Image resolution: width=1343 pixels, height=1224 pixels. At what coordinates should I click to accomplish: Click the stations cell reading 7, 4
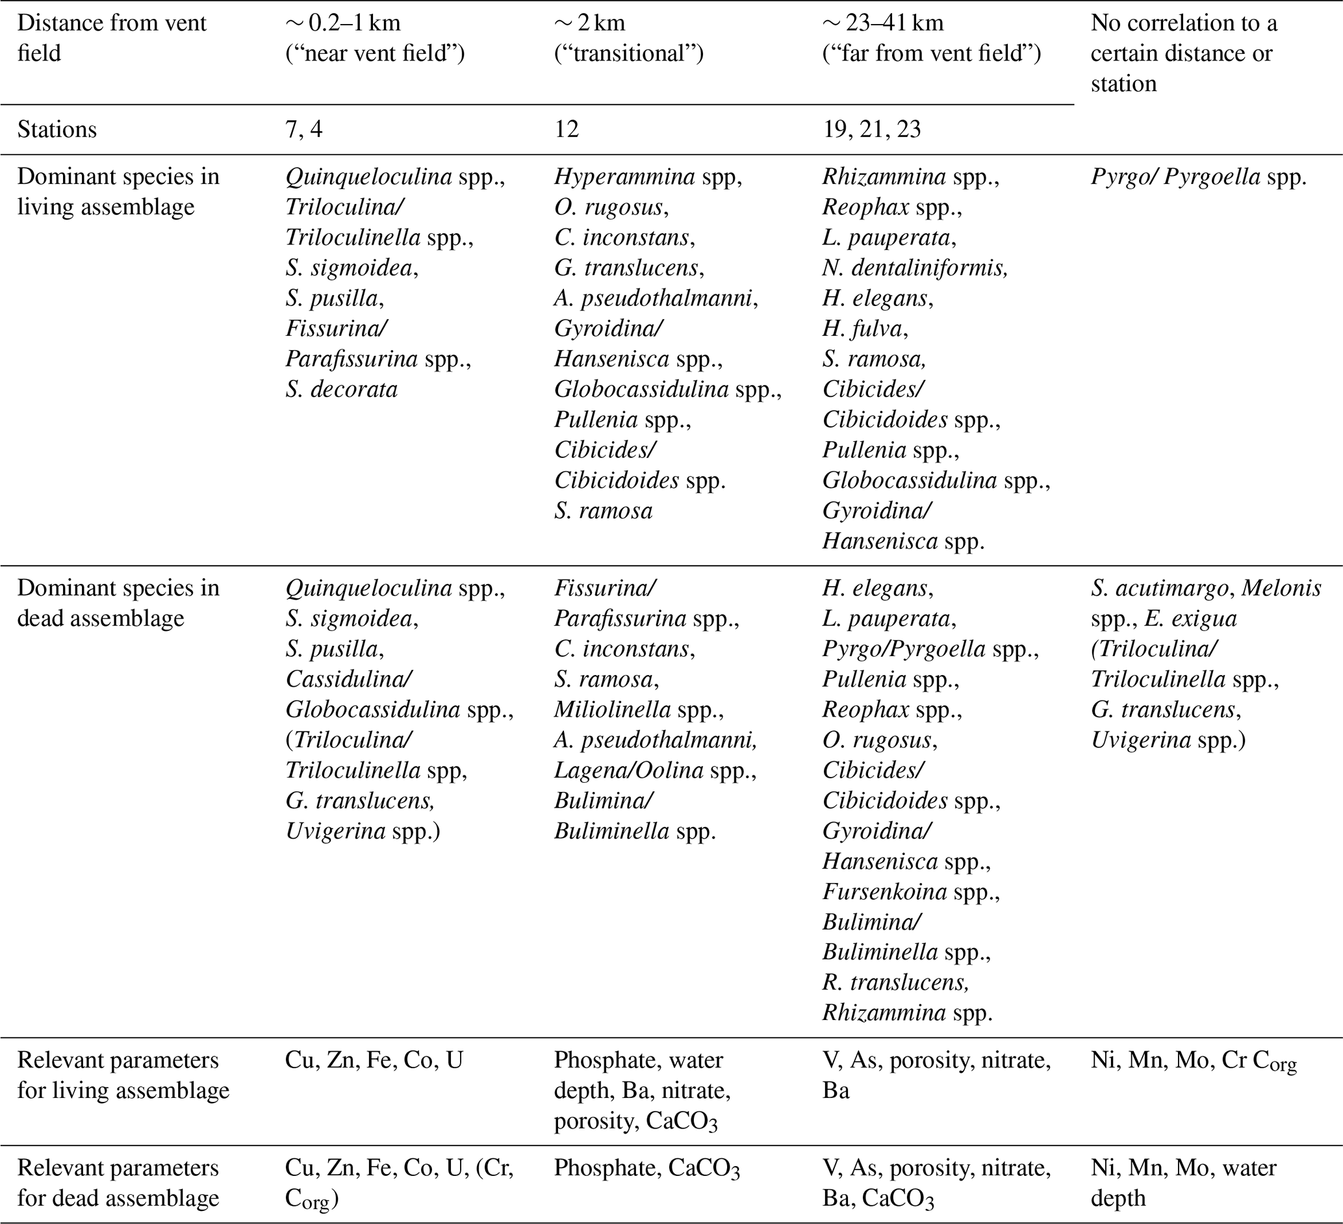tap(304, 129)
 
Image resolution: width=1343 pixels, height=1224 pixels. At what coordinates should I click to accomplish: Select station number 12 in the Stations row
tap(567, 129)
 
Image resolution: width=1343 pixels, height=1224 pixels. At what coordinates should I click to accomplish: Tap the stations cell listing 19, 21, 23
tap(871, 129)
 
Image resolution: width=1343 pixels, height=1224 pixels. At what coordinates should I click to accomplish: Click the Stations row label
tap(57, 129)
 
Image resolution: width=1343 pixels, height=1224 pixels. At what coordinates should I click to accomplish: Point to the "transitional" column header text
tap(629, 53)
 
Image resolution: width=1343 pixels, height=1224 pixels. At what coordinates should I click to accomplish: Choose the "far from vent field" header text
tap(931, 53)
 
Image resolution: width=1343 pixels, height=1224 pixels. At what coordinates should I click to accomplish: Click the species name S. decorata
tap(341, 389)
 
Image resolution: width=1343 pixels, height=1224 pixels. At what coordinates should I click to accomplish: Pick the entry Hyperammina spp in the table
tap(648, 177)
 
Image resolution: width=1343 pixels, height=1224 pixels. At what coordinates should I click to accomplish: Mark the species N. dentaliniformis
tap(915, 268)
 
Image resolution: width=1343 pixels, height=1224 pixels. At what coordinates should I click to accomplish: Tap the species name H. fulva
tap(865, 328)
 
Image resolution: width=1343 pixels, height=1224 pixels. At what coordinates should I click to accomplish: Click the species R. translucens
tap(895, 982)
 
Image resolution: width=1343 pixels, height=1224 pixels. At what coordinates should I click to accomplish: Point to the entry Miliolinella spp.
tap(638, 709)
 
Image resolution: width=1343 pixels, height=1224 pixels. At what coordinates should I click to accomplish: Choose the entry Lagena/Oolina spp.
tap(654, 770)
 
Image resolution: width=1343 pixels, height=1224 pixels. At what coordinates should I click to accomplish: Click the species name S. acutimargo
tap(1159, 588)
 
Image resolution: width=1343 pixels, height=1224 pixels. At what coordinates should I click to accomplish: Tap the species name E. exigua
tap(1190, 618)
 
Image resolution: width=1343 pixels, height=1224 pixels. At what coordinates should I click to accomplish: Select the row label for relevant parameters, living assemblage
tap(123, 1075)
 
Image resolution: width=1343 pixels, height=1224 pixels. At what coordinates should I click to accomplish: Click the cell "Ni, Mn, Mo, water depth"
tap(1183, 1182)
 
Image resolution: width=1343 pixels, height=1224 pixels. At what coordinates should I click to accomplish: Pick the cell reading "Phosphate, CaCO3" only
tap(646, 1169)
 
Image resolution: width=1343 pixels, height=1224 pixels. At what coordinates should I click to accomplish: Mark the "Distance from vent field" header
tap(111, 38)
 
